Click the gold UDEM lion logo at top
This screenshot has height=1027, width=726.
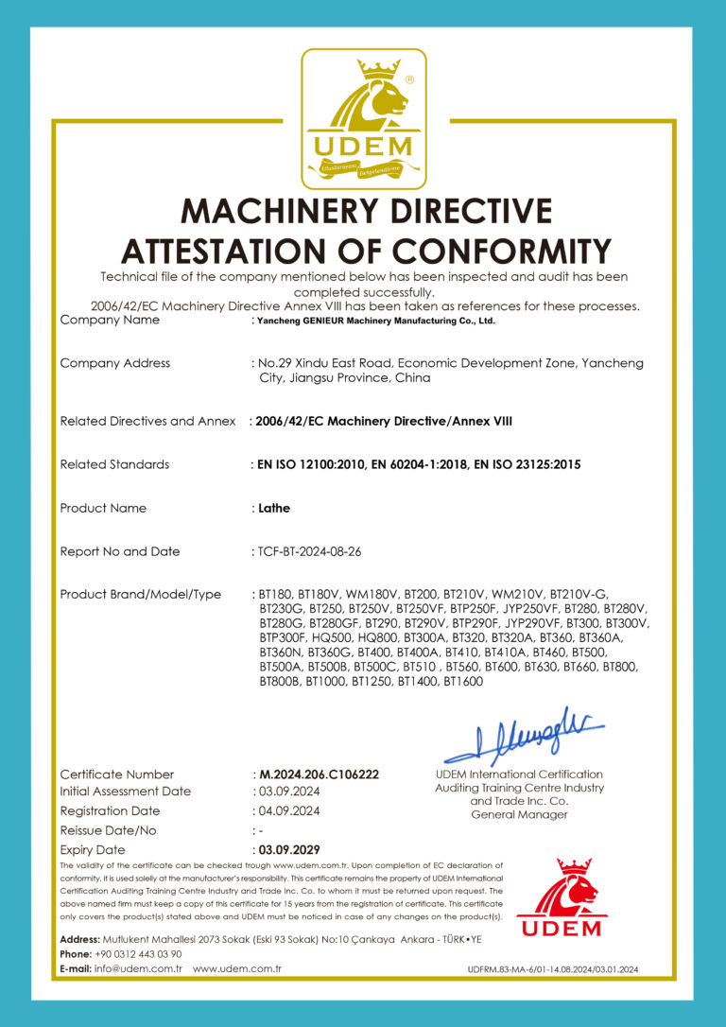pos(364,118)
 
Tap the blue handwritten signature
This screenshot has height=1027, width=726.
pos(523,735)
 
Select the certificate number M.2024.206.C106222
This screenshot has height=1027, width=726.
pos(319,775)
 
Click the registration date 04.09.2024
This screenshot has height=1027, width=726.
pos(289,811)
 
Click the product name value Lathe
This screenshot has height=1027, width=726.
pos(274,508)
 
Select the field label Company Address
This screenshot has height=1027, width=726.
pos(114,363)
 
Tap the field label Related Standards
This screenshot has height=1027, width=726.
pos(114,464)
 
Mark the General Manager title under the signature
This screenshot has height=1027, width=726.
pos(519,814)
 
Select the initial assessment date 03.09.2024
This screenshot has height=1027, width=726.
pos(289,792)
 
